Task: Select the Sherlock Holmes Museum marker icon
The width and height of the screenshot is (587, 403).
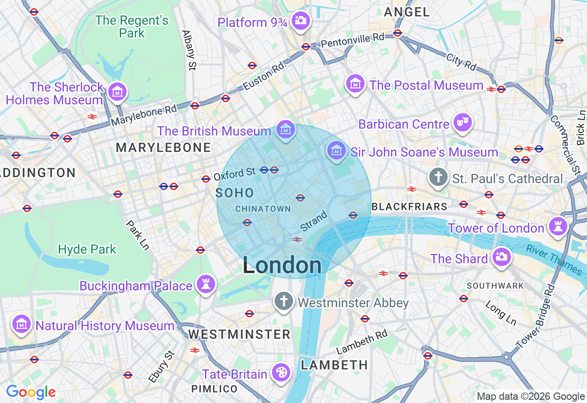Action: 117,91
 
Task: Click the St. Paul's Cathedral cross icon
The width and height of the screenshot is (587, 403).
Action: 438,177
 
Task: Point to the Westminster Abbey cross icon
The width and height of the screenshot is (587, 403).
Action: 284,301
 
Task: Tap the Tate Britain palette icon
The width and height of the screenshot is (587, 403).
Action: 280,373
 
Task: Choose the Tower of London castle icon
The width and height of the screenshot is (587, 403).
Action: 558,226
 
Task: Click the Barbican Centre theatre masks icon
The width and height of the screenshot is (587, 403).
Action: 462,122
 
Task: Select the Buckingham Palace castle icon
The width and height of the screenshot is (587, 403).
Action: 205,284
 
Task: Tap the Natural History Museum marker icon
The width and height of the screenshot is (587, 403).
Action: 21,324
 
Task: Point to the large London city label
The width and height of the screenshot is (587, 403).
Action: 282,266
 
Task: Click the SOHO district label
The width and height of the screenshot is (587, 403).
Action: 234,193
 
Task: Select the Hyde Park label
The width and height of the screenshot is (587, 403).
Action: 87,250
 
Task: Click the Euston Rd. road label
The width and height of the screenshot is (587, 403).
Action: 265,76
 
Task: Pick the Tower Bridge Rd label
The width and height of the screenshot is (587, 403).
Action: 536,316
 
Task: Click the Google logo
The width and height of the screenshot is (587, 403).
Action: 31,392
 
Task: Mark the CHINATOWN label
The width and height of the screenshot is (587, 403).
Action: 263,209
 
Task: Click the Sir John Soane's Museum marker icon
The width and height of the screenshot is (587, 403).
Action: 337,150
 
